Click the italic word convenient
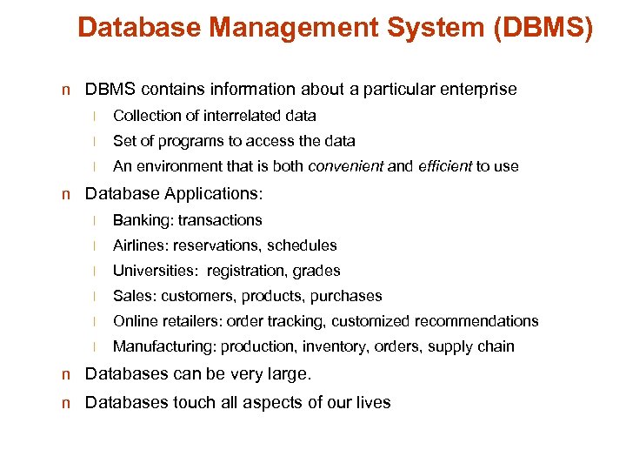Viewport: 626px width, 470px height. tap(346, 166)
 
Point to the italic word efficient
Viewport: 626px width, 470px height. tap(444, 166)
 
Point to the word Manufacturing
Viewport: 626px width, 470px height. tap(164, 346)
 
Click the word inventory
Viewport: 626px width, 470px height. tap(335, 346)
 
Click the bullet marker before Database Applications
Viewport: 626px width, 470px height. tap(66, 193)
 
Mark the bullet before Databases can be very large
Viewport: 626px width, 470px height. tap(66, 375)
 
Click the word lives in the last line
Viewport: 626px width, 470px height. tap(373, 402)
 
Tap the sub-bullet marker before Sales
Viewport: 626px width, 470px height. tap(99, 297)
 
